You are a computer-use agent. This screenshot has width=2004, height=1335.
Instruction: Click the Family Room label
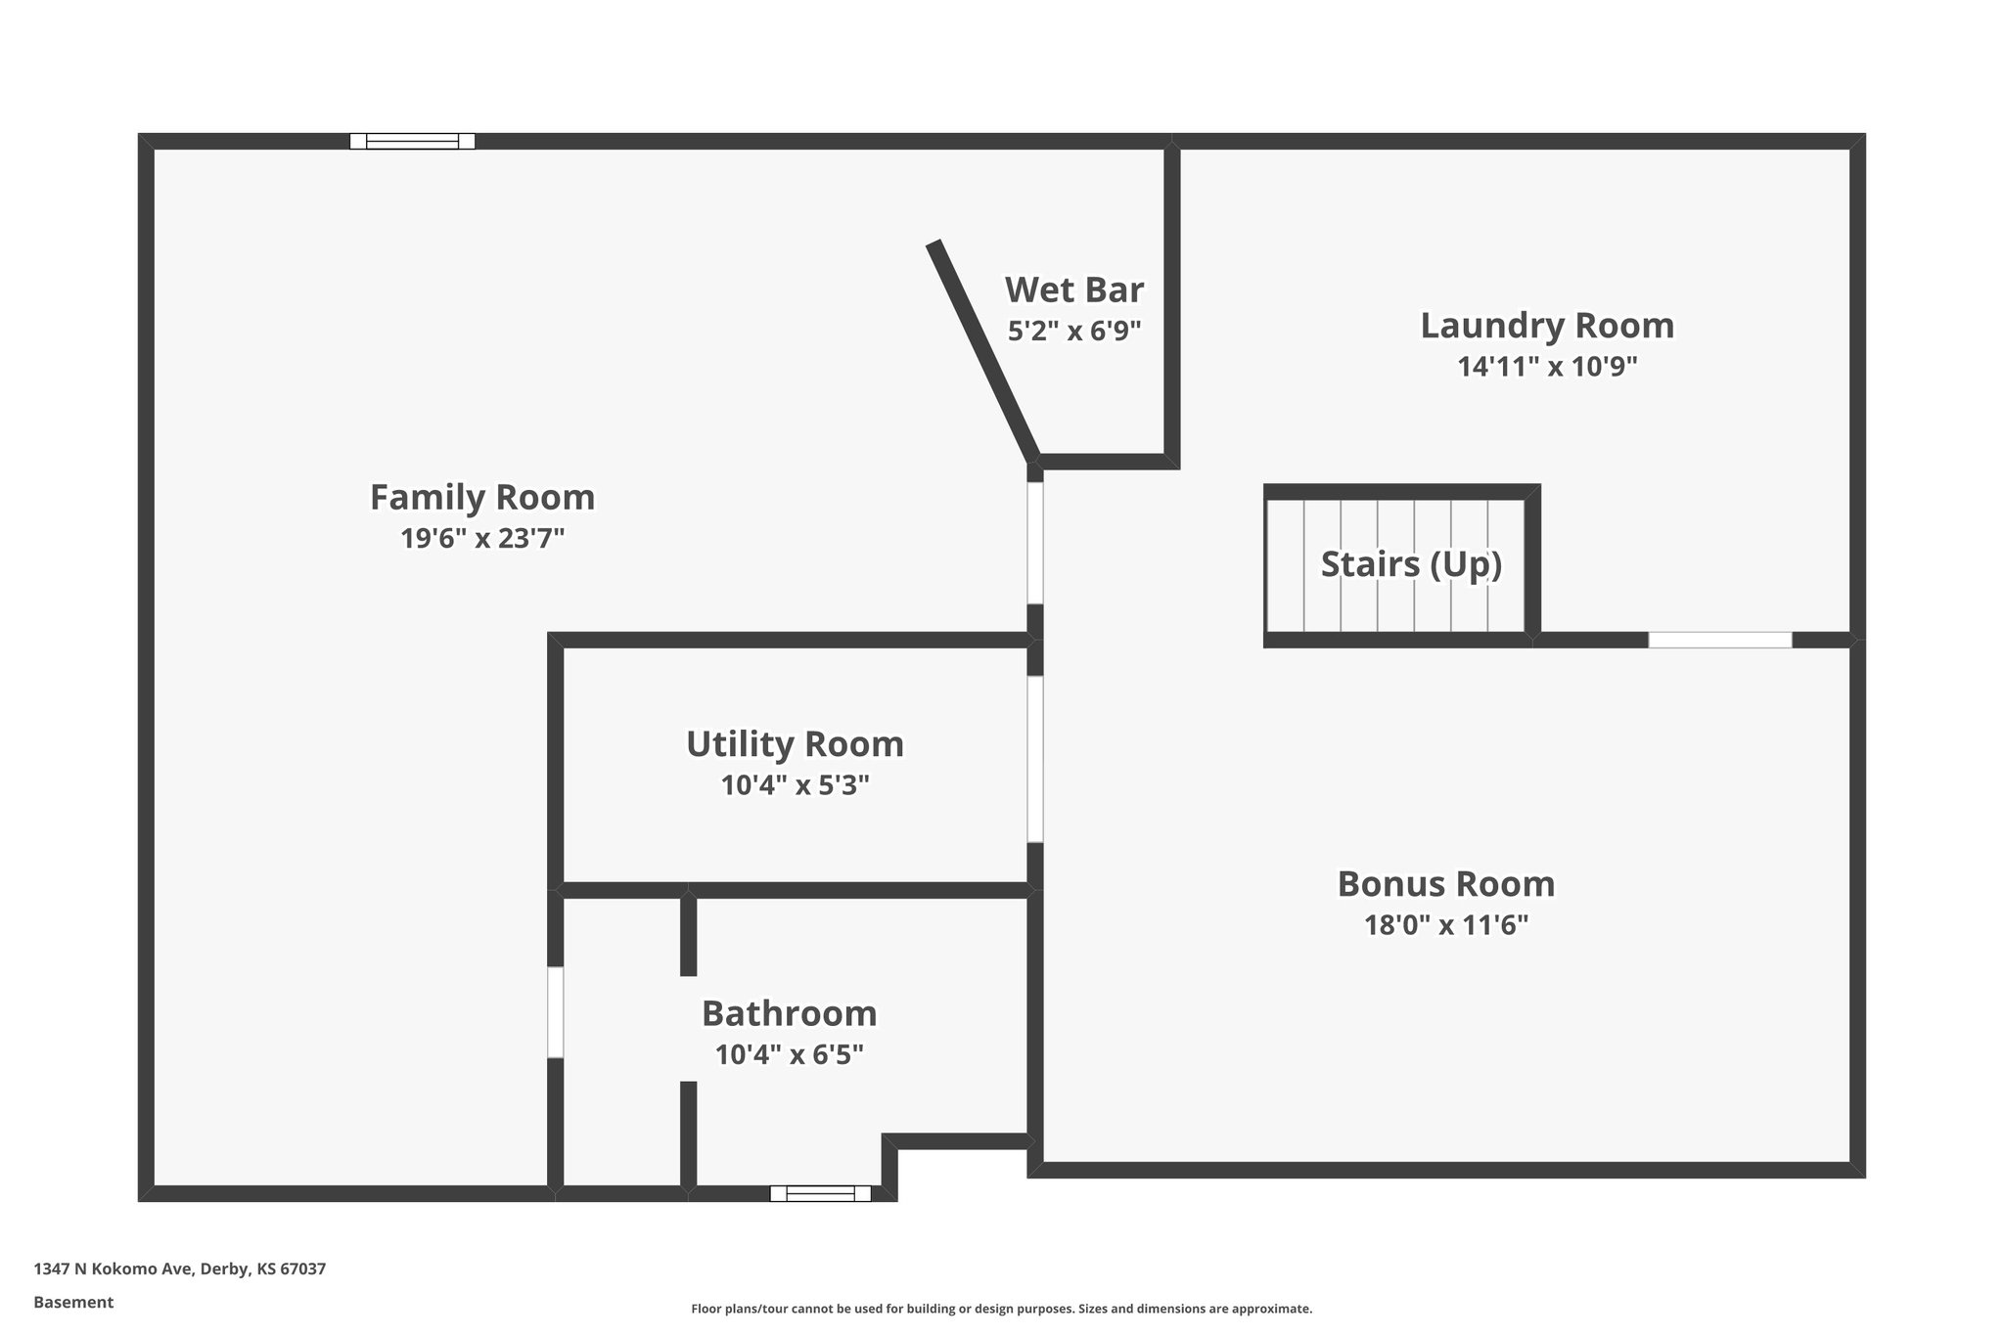pyautogui.click(x=481, y=498)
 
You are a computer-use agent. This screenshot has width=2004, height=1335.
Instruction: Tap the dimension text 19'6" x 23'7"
pyautogui.click(x=482, y=539)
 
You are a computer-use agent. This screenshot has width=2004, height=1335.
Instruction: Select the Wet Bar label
pyautogui.click(x=1073, y=290)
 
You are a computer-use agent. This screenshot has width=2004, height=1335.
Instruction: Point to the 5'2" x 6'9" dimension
pyautogui.click(x=1074, y=332)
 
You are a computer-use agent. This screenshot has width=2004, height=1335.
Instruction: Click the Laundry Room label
pyautogui.click(x=1546, y=326)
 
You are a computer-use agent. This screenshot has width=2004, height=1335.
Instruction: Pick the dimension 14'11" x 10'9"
pyautogui.click(x=1546, y=367)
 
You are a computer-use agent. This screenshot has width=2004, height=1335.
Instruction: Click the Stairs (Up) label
pyautogui.click(x=1410, y=564)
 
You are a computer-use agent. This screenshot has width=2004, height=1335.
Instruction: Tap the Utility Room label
pyautogui.click(x=795, y=744)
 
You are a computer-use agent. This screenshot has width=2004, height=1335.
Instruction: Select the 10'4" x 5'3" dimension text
pyautogui.click(x=795, y=785)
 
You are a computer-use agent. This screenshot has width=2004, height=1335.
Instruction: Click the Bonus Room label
pyautogui.click(x=1445, y=884)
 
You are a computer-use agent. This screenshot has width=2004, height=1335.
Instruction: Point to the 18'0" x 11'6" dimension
pyautogui.click(x=1445, y=925)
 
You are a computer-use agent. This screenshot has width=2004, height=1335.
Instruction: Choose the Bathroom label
pyautogui.click(x=789, y=1014)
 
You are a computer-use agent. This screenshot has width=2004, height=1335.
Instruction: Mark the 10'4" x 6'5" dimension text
pyautogui.click(x=789, y=1055)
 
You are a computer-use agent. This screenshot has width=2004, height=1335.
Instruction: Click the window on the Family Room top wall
pyautogui.click(x=412, y=142)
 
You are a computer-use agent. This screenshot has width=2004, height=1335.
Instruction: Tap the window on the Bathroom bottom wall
pyautogui.click(x=820, y=1193)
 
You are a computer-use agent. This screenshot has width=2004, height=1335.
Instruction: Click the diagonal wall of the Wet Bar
pyautogui.click(x=983, y=349)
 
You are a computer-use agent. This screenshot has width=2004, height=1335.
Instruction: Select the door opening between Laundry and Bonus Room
pyautogui.click(x=1719, y=641)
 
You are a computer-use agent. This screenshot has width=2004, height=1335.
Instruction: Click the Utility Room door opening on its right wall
pyautogui.click(x=1034, y=759)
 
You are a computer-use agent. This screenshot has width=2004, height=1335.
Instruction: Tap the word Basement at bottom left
pyautogui.click(x=73, y=1302)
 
